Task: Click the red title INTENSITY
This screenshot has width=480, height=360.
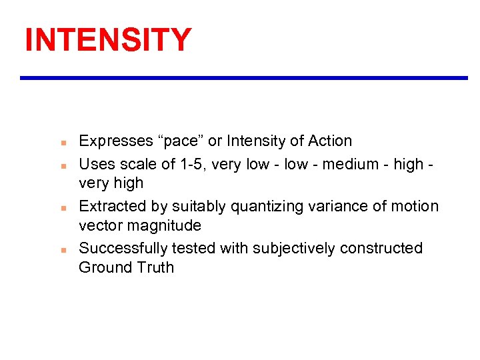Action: click(108, 40)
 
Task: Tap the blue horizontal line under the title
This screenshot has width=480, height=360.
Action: click(244, 78)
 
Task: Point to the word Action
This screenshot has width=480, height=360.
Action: click(330, 141)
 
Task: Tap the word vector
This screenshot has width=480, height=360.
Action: click(101, 226)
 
